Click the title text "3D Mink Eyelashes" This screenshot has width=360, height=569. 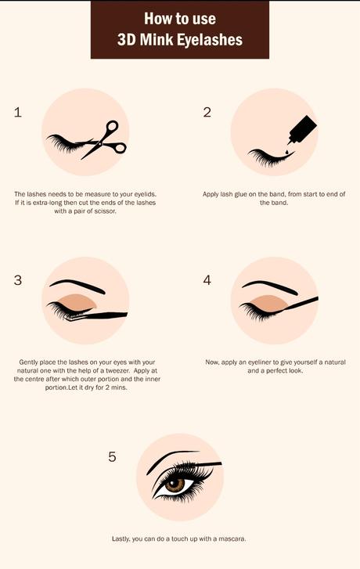pos(179,39)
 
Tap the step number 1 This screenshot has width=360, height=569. pos(18,112)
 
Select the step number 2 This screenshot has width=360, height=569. pos(207,112)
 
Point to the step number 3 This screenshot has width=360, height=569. pos(18,280)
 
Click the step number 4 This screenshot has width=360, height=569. pos(207,280)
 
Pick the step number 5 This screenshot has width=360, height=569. pos(112,456)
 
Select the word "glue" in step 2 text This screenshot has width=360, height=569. pos(243,194)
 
